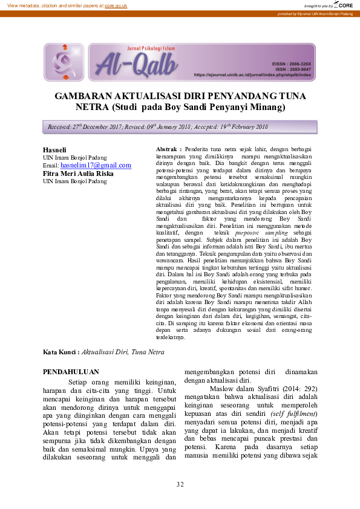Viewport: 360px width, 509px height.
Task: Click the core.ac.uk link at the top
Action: pyautogui.click(x=116, y=5)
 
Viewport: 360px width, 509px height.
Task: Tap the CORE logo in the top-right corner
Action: pyautogui.click(x=344, y=5)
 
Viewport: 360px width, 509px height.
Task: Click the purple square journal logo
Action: pyautogui.click(x=64, y=62)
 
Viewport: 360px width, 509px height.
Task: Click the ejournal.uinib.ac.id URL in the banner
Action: pyautogui.click(x=252, y=74)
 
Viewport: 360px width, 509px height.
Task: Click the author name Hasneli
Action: pyautogui.click(x=54, y=149)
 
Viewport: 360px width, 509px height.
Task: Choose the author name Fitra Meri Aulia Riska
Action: pyautogui.click(x=78, y=173)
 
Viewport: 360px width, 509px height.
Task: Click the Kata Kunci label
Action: pyautogui.click(x=61, y=352)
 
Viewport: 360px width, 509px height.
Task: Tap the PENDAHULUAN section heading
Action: pyautogui.click(x=71, y=372)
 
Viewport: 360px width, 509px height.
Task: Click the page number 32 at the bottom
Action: pyautogui.click(x=180, y=484)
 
